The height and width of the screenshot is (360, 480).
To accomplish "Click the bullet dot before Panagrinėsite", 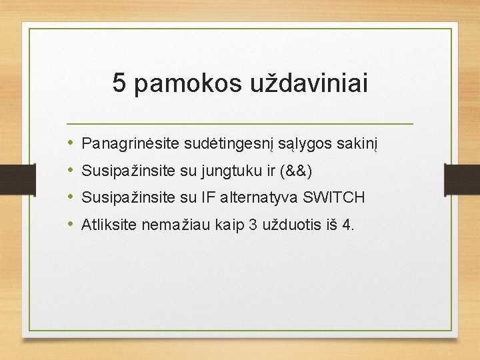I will pos(71,143).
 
